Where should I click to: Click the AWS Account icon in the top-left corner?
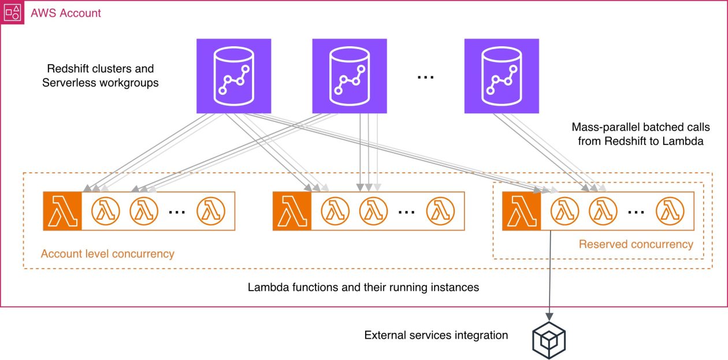coord(12,12)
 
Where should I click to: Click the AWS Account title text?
coord(66,13)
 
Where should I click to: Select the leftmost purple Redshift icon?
coord(233,76)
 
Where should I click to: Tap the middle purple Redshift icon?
coord(349,76)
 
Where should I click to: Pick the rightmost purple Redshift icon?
coord(502,76)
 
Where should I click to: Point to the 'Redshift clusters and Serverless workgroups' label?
coord(101,75)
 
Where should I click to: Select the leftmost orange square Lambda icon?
coord(62,211)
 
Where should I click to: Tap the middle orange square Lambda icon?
coord(291,211)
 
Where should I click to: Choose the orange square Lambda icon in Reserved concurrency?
coord(521,211)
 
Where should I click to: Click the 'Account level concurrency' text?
coord(107,254)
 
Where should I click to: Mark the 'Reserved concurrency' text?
coord(636,244)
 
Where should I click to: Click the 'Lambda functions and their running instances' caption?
coord(363,287)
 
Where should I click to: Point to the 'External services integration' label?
coord(436,335)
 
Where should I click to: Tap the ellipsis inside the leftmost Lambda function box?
coord(177,211)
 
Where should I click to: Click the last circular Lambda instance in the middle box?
coord(441,211)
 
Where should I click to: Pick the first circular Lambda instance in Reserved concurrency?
coord(564,211)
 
